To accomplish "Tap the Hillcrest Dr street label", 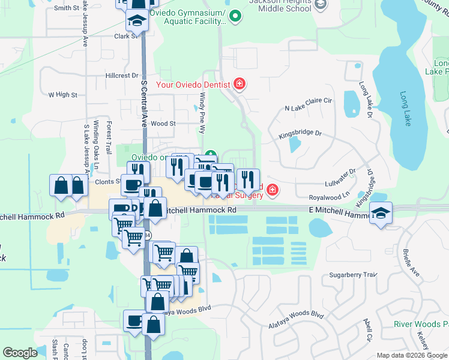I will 122,76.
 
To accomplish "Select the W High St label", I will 63,95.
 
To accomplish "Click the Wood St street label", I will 163,124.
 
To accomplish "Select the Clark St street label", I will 127,36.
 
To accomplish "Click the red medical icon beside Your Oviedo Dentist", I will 240,84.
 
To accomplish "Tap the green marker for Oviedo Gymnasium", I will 235,17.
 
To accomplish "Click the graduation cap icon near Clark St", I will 137,22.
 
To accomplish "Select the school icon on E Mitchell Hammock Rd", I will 381,214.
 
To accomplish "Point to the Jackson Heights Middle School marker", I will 321,5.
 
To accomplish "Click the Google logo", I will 20,353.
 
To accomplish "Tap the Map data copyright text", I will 411,355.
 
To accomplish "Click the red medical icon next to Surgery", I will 272,190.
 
